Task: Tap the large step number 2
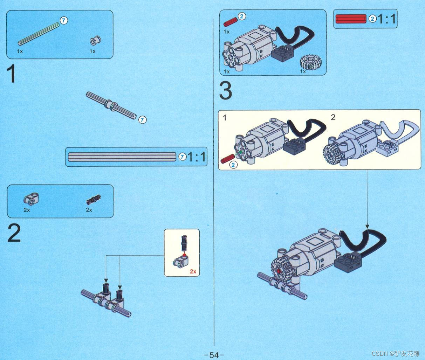[14, 233]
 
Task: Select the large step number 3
[226, 91]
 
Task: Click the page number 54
[214, 355]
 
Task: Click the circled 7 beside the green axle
[64, 20]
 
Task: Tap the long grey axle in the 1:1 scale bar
[122, 157]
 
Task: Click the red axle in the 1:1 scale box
[351, 19]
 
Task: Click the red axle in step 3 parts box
[231, 22]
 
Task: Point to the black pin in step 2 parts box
[93, 200]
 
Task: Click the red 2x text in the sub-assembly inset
[193, 271]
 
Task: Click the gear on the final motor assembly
[280, 270]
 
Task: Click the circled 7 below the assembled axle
[142, 120]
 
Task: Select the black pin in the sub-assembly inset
[184, 243]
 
